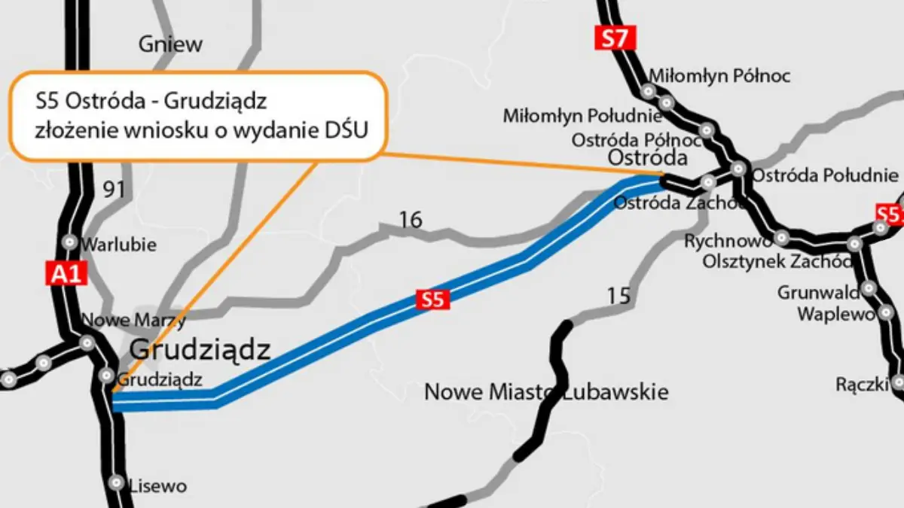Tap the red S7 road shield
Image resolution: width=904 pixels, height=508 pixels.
tap(615, 38)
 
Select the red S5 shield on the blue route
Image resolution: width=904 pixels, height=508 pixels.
tap(432, 300)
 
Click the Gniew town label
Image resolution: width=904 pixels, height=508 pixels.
tap(170, 44)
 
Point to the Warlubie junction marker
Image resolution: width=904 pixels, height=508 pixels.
tap(70, 242)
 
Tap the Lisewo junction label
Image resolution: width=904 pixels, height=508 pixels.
tap(157, 485)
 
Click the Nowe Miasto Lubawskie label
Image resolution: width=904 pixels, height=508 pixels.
tap(546, 392)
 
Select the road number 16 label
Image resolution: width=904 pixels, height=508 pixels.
tap(411, 220)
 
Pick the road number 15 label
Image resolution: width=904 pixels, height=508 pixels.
tap(618, 296)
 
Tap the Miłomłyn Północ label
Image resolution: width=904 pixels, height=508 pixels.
tap(719, 75)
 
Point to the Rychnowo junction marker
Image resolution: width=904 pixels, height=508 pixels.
tap(783, 239)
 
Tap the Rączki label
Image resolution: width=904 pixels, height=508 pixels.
tap(861, 384)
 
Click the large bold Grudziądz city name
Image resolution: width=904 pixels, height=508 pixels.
tap(200, 349)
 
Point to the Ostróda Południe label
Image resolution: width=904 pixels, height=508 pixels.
tap(825, 175)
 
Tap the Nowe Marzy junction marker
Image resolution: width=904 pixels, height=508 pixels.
tap(88, 343)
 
